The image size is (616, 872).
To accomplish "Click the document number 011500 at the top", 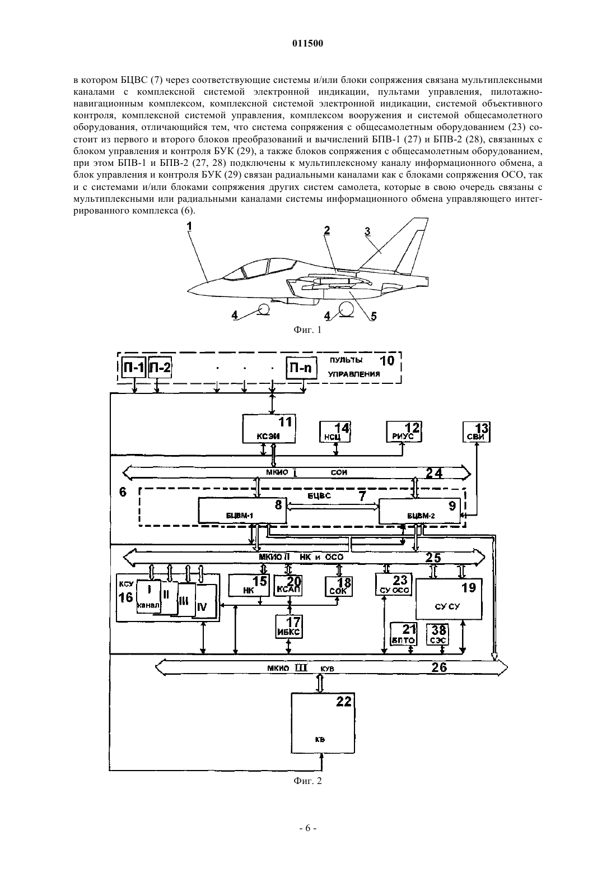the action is point(307,44).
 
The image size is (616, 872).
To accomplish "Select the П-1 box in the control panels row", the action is point(134,367).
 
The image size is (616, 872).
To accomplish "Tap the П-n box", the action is point(301,368).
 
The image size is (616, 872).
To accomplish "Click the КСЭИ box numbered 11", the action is point(269,428).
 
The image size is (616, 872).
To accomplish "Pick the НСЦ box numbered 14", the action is point(334,432).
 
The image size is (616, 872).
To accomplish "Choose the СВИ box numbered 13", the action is point(477,432).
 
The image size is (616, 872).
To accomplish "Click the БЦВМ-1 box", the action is point(242,511).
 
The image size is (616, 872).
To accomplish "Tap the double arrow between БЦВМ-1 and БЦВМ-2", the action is point(333,507).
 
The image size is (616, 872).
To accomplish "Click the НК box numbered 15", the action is point(249,585).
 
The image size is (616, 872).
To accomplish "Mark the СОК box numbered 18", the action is point(339,586).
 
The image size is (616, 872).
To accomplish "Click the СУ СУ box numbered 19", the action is point(449,599).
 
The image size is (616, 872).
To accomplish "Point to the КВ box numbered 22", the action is point(323,723).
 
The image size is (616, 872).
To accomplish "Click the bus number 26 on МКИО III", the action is point(439,667).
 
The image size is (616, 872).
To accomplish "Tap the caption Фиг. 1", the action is point(307,330).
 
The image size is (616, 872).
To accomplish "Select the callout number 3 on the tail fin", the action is point(367,231).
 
